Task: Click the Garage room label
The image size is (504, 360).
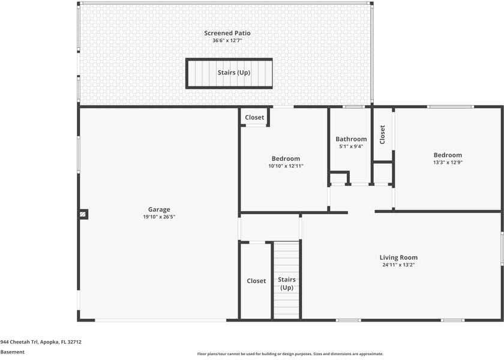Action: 159,210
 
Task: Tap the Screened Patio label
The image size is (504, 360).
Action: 227,33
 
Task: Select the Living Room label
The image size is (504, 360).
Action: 398,257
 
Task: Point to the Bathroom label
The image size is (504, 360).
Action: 351,139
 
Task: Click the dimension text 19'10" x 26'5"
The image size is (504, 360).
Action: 159,217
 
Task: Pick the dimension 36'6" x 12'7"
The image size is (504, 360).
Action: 227,41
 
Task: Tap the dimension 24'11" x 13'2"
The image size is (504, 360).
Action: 398,265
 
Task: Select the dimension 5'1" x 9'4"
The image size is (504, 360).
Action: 351,146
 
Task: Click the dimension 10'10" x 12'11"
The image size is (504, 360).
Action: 286,166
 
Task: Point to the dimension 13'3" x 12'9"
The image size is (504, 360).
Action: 448,163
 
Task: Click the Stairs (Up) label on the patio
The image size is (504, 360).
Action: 233,73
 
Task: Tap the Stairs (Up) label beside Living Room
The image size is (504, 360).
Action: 287,283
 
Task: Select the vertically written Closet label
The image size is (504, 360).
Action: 382,134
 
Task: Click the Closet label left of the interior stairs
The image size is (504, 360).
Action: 256,281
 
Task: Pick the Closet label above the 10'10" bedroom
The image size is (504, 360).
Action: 254,118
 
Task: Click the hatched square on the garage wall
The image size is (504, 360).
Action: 83,214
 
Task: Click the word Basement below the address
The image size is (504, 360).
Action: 12,352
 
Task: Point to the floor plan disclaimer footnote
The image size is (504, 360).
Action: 290,354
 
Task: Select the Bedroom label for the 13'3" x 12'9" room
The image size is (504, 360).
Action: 448,155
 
